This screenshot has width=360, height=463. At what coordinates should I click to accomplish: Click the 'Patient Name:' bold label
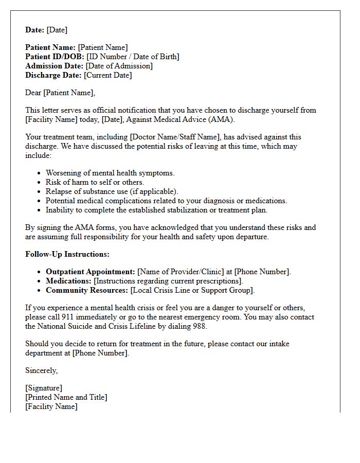(50, 47)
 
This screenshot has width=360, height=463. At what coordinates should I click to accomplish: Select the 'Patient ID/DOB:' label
(55, 57)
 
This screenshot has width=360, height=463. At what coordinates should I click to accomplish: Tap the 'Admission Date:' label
(54, 66)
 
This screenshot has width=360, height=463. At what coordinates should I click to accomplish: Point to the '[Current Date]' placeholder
(107, 75)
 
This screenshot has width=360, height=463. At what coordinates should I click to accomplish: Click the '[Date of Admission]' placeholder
(119, 66)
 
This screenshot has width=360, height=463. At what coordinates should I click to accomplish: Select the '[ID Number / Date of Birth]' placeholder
(133, 57)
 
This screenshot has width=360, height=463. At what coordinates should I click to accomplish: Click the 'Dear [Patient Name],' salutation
(60, 93)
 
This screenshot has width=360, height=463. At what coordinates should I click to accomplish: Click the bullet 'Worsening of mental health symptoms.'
(110, 173)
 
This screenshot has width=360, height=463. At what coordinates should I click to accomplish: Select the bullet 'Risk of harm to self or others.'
(95, 182)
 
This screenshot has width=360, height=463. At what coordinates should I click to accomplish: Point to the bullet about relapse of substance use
(112, 191)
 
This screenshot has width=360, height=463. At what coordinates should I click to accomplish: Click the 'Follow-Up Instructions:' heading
(67, 254)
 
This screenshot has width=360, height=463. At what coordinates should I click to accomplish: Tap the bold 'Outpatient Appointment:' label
(91, 272)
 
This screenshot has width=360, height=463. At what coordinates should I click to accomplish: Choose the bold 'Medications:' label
(68, 281)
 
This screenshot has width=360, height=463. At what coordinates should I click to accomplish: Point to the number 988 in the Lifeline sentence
(200, 326)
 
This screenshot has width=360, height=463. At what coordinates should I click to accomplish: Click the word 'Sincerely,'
(42, 370)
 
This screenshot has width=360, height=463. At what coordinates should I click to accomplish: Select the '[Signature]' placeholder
(44, 388)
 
